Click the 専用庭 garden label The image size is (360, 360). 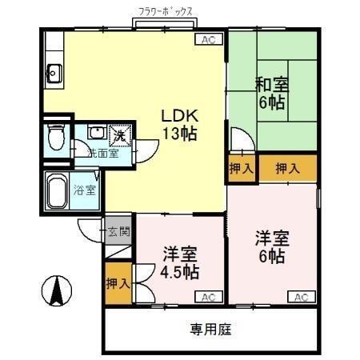[x=211, y=329]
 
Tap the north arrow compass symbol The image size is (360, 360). [x=58, y=289]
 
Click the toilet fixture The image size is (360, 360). [x=54, y=137]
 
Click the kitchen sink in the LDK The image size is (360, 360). [x=54, y=74]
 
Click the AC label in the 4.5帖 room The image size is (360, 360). [x=208, y=298]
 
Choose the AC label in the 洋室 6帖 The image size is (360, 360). [x=301, y=298]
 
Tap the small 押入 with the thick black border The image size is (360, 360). [x=242, y=169]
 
